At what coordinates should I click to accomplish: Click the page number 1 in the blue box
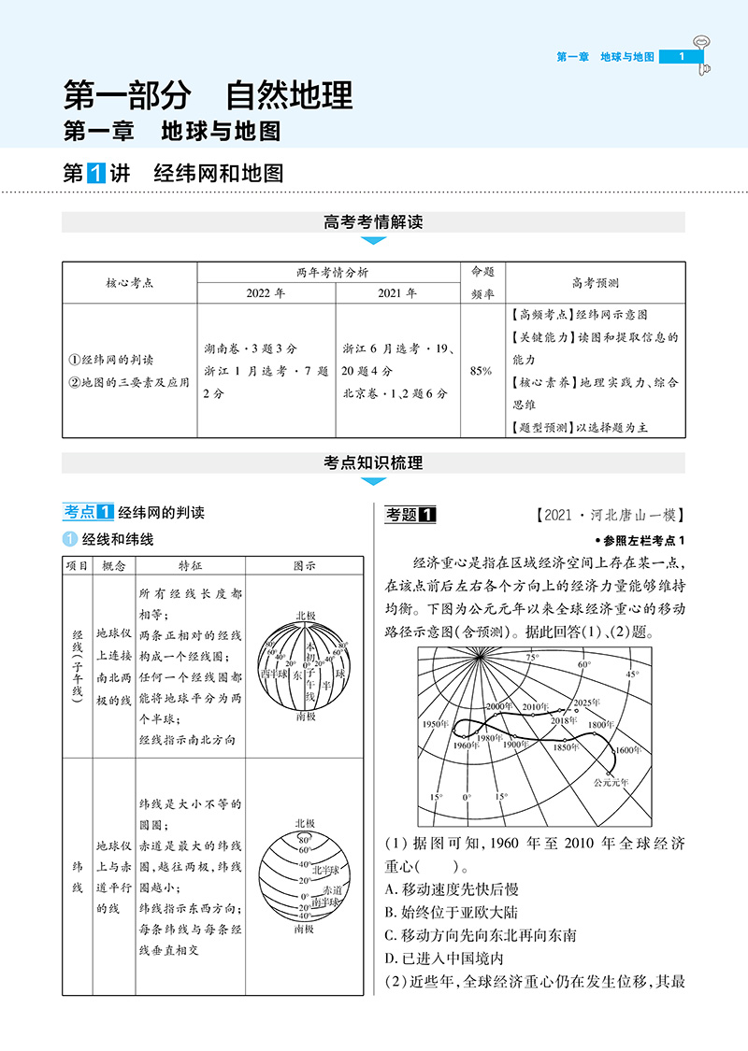[x=683, y=57]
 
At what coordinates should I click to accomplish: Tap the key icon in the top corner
[x=701, y=51]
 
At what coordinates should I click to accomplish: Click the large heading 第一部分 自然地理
[x=208, y=95]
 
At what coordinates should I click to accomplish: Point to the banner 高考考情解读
[x=373, y=222]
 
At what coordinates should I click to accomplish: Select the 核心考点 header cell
[x=129, y=282]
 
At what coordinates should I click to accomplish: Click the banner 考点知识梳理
[x=373, y=462]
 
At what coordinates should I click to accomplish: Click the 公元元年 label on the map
[x=611, y=781]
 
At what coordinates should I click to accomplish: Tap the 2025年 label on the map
[x=588, y=702]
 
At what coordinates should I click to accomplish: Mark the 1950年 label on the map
[x=437, y=725]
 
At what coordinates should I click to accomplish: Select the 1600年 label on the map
[x=628, y=749]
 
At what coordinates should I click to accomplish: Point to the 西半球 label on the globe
[x=274, y=672]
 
